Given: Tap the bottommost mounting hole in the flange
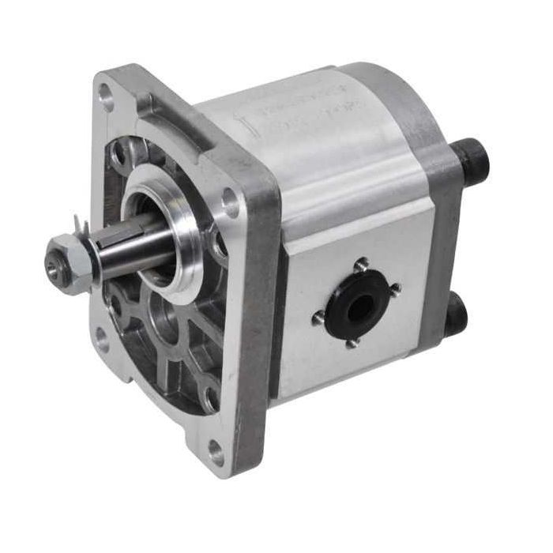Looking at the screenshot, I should [215, 451].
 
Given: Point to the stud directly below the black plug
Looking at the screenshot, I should [351, 342].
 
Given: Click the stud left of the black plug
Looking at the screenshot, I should [318, 318].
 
